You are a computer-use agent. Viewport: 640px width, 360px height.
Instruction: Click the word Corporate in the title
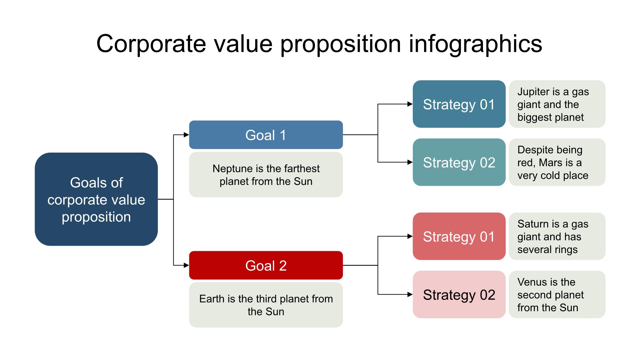point(151,44)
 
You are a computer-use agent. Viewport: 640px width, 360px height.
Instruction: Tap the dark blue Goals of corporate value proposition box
point(96,199)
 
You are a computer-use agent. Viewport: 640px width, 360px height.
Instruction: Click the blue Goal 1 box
point(266,135)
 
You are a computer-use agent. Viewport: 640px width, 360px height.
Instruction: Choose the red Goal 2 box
point(266,265)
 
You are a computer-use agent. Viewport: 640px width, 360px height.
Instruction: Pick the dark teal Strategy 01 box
point(459,104)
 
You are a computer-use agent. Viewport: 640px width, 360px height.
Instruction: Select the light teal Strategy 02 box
point(459,162)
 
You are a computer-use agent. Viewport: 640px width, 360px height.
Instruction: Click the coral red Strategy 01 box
point(459,236)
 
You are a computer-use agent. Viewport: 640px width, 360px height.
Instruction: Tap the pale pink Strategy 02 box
point(459,294)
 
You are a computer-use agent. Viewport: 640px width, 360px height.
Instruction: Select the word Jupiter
point(533,92)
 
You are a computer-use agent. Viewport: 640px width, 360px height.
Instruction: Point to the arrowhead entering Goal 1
point(186,135)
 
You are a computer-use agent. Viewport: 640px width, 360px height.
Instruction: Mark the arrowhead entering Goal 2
point(186,265)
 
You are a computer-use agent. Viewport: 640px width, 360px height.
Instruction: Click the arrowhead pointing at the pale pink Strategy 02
point(410,294)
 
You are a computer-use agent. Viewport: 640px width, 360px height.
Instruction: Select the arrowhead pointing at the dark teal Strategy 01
point(410,104)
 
